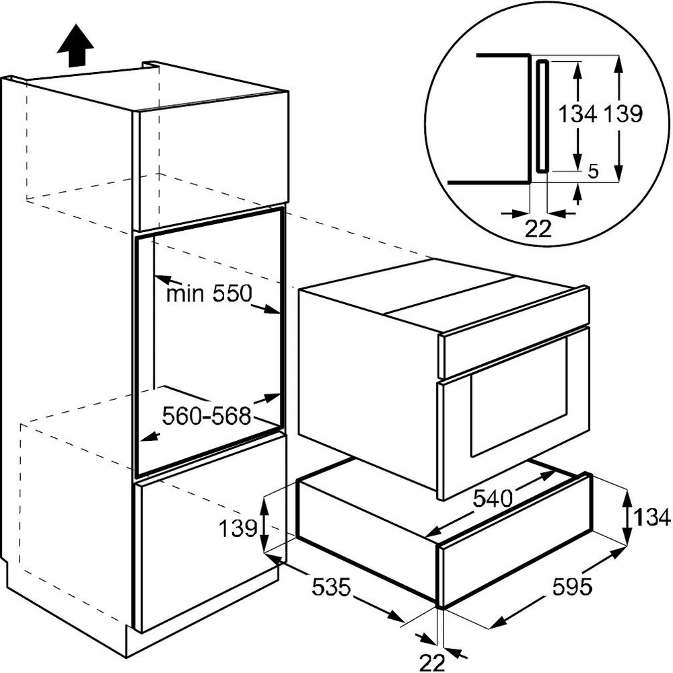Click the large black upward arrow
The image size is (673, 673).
pos(75,46)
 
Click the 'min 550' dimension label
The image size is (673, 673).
pos(209,294)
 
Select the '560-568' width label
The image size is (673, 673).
pos(206,415)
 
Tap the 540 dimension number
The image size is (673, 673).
pos(493,499)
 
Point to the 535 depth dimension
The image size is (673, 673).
pos(331,587)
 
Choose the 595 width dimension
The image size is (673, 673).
pos(571,587)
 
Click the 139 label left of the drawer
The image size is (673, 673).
pos(238,528)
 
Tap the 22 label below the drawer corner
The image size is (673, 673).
pos(432,663)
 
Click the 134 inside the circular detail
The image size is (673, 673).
pos(577,114)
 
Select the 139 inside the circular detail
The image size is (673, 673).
pos(623,114)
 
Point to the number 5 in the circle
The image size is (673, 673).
pos(593,172)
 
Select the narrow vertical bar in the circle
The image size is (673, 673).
pos(542,116)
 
